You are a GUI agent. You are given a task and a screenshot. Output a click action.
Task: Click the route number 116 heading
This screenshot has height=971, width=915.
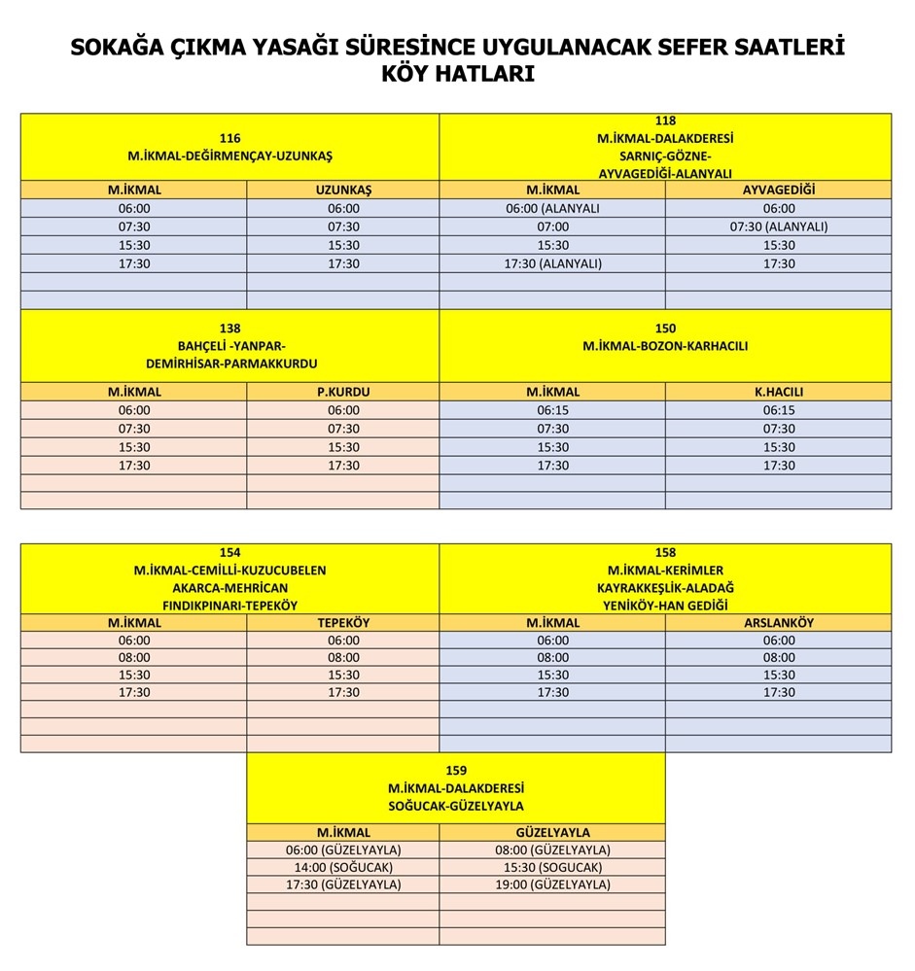230,138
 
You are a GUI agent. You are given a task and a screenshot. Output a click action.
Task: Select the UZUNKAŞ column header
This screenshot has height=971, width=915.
343,190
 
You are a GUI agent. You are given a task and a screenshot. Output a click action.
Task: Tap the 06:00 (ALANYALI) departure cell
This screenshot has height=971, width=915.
552,208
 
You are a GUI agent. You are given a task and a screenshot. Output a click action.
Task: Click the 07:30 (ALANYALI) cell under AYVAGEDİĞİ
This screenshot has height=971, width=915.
778,226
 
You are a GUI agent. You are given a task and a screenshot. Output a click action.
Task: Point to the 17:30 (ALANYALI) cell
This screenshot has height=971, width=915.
552,263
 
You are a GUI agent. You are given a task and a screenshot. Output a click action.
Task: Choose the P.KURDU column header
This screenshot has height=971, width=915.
343,392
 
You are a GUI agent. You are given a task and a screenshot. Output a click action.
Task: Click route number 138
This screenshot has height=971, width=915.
230,329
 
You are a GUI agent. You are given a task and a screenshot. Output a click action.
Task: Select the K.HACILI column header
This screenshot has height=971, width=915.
778,392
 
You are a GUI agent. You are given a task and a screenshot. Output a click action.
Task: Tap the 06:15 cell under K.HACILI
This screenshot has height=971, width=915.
778,410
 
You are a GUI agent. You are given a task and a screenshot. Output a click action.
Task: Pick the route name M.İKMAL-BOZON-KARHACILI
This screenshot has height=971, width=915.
665,346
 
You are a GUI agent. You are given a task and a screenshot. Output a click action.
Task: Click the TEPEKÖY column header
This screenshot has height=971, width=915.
343,622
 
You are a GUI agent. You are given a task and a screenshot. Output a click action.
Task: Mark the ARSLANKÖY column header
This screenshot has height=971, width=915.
778,622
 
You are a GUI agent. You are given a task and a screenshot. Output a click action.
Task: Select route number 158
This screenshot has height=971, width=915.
665,552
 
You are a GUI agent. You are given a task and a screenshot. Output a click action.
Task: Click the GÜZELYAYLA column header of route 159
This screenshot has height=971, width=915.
552,832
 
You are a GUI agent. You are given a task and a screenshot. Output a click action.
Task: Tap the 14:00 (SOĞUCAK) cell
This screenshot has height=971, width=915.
343,867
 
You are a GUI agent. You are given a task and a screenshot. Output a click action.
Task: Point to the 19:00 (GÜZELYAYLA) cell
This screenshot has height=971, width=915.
552,884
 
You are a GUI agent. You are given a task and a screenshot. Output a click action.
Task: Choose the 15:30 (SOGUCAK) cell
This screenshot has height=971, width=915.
552,867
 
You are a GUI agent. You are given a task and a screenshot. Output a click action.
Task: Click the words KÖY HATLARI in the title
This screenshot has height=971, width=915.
457,75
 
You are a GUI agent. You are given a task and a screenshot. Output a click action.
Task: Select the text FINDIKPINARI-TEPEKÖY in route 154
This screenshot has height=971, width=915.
230,605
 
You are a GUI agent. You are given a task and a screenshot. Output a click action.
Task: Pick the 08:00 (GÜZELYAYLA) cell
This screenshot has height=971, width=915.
552,850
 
